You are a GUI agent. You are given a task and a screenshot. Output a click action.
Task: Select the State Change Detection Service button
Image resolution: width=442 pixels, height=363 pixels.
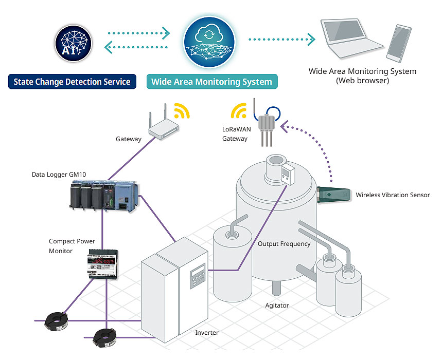tap(72, 82)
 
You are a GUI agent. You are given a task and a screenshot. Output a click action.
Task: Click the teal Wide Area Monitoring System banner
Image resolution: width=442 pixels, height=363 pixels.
tap(211, 82)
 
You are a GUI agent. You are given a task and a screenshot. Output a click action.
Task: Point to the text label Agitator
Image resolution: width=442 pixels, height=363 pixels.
tap(277, 305)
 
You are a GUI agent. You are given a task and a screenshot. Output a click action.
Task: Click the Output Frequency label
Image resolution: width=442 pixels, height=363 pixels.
tap(284, 244)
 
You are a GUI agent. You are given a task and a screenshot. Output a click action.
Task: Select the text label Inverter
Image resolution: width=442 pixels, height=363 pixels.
tap(207, 333)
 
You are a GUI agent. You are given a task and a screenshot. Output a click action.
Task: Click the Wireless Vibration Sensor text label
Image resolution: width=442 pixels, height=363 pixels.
tap(393, 195)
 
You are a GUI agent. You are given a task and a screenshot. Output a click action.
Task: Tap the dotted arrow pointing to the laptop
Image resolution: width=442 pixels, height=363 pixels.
tap(281, 39)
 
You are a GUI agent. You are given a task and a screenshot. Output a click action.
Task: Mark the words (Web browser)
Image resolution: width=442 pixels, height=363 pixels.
tap(362, 81)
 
